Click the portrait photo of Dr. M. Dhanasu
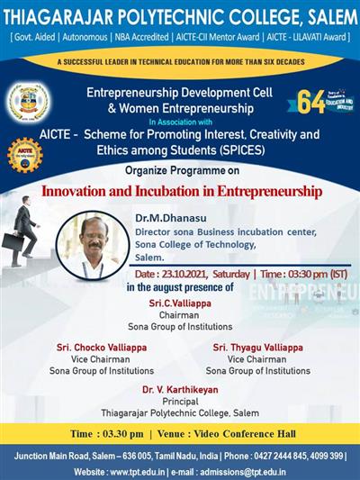click(x=91, y=242)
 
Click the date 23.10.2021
click(x=186, y=272)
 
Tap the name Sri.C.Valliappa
click(x=179, y=303)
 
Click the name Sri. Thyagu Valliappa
click(x=257, y=347)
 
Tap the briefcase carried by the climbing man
click(x=12, y=240)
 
